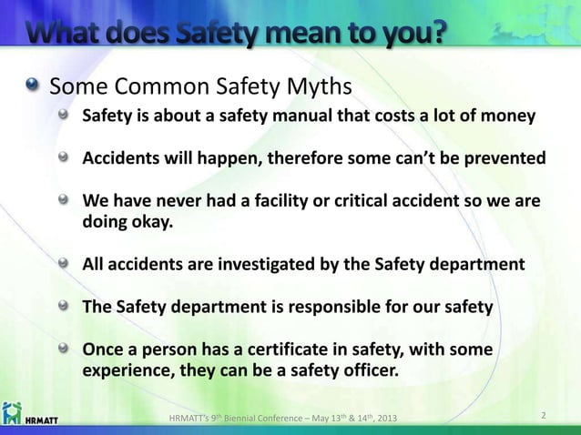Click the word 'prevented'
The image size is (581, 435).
coord(504,157)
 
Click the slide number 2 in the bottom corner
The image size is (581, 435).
coord(543,417)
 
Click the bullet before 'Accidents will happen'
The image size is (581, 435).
coord(63,157)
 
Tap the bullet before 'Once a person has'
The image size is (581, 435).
coord(63,349)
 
